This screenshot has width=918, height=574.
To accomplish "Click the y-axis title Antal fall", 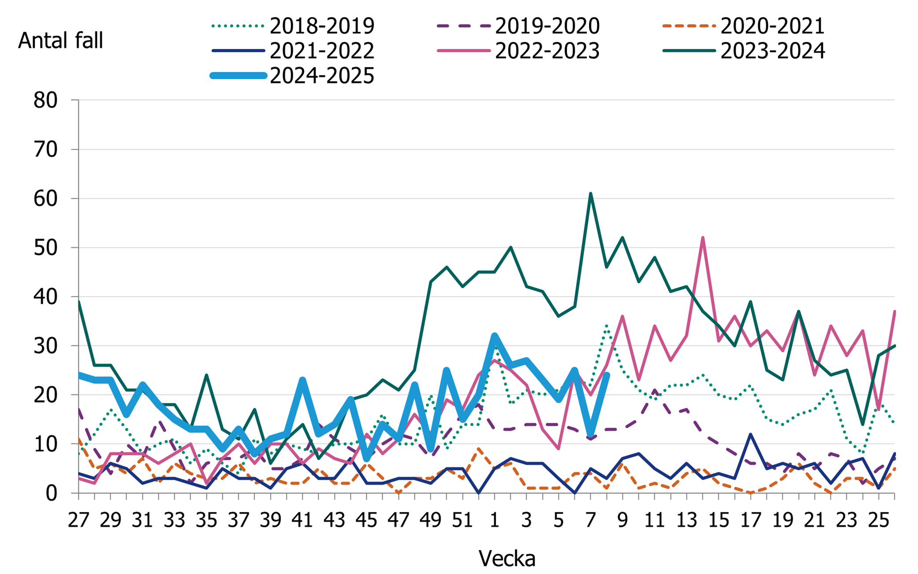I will (x=60, y=41).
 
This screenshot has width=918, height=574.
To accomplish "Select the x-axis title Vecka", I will (x=507, y=559).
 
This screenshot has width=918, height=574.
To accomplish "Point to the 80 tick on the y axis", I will (x=45, y=100).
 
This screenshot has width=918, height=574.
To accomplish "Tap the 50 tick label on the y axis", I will (x=45, y=248).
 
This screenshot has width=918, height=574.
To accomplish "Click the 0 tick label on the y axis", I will (x=51, y=493).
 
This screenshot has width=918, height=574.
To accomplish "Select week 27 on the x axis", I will (x=78, y=520).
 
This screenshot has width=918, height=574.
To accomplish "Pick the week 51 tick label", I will (x=462, y=520).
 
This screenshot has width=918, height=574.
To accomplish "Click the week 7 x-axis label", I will (x=590, y=520).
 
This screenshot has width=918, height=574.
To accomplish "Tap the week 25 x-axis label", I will (x=878, y=520).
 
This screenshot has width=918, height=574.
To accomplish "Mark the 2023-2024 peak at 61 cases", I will (x=590, y=193).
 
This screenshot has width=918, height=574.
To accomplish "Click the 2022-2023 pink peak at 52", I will (x=703, y=238).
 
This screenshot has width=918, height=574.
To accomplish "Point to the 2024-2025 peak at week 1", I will (x=494, y=336).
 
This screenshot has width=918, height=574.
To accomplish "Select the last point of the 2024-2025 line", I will (x=607, y=375).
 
